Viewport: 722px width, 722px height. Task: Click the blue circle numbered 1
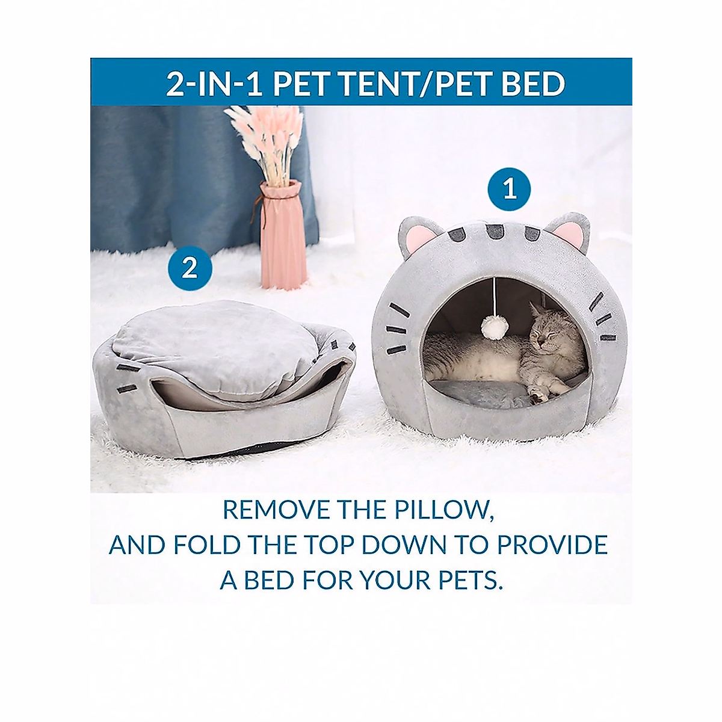tap(509, 189)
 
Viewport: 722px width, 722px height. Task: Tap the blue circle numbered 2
tap(190, 267)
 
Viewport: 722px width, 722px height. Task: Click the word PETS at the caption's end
tap(467, 580)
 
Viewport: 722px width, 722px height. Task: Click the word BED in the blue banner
tap(532, 84)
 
